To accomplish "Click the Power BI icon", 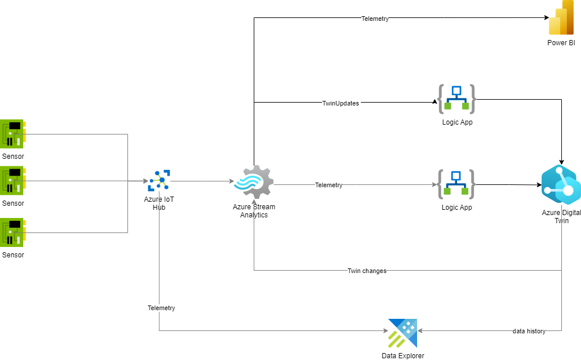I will pyautogui.click(x=561, y=19).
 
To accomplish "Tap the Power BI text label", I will pyautogui.click(x=561, y=43).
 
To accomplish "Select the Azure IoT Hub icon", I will pyautogui.click(x=159, y=181).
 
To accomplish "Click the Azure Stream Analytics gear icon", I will pyautogui.click(x=254, y=182).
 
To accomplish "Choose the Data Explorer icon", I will pyautogui.click(x=403, y=333).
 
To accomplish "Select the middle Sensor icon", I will pyautogui.click(x=13, y=181).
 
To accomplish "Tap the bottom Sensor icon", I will pyautogui.click(x=13, y=232).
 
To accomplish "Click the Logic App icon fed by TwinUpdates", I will pyautogui.click(x=456, y=99).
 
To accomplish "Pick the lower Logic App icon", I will pyautogui.click(x=456, y=184).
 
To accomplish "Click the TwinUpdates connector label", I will pyautogui.click(x=341, y=103).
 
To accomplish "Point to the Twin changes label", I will pyautogui.click(x=367, y=271).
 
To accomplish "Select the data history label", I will pyautogui.click(x=529, y=331).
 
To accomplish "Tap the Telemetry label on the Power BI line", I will pyautogui.click(x=375, y=19).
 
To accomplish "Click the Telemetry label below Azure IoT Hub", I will pyautogui.click(x=161, y=308).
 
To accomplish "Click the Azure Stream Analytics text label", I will pyautogui.click(x=254, y=211).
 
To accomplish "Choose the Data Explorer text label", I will pyautogui.click(x=403, y=356).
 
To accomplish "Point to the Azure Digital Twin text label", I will pyautogui.click(x=561, y=216).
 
